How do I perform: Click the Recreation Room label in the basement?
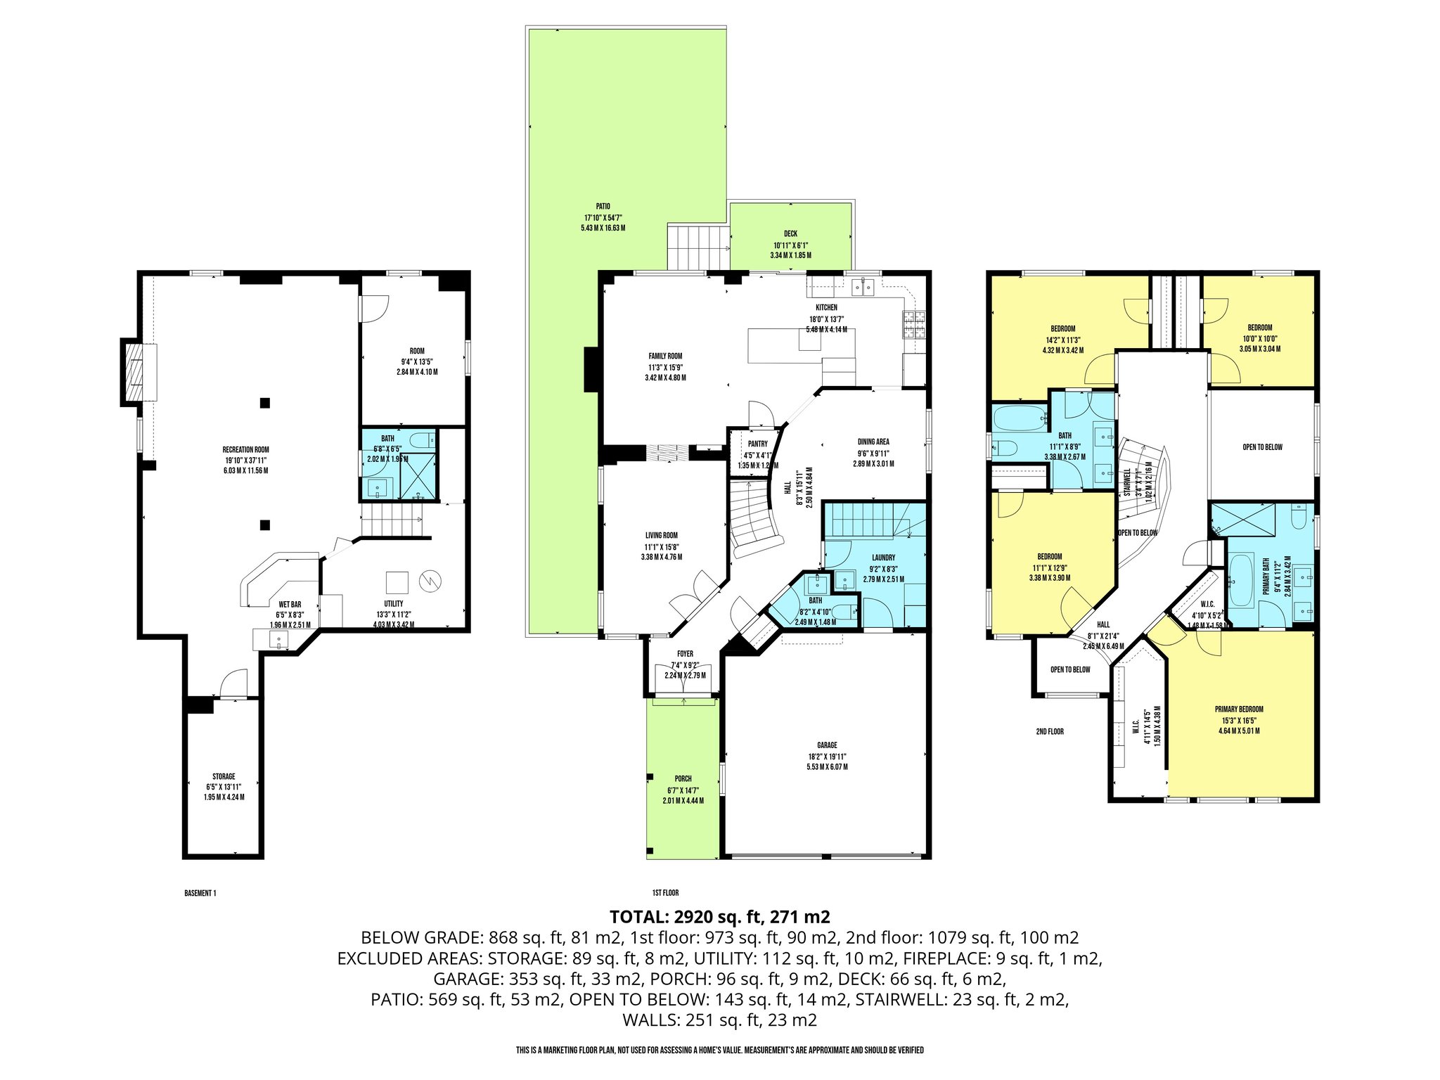pos(245,449)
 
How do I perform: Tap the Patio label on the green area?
pos(603,207)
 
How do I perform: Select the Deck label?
pos(790,234)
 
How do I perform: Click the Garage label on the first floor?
pos(827,745)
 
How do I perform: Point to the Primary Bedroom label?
pos(1239,709)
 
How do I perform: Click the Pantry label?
pos(757,444)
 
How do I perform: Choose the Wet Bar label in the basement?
pos(290,605)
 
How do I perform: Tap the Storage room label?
pos(224,777)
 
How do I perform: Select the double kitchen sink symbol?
pos(862,286)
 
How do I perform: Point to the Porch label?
pos(683,779)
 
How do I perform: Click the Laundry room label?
pos(883,558)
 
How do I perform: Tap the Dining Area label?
pos(873,442)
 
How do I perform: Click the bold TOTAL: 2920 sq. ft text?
pos(719,917)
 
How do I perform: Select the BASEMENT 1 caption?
pos(200,894)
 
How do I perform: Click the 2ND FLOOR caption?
pos(1049,732)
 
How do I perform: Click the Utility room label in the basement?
pos(393,604)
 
